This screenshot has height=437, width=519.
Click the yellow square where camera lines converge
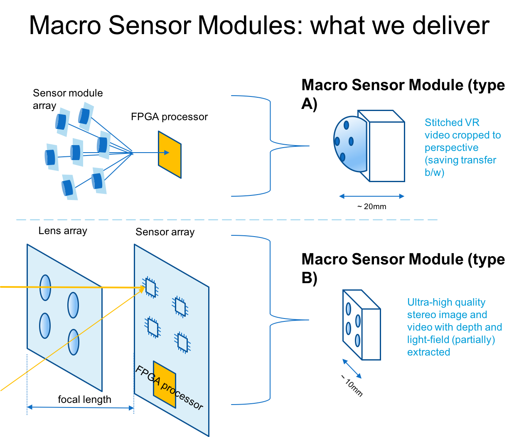tap(170, 154)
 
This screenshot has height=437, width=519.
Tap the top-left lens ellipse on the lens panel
tap(45, 287)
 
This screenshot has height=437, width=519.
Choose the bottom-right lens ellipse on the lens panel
tap(74, 342)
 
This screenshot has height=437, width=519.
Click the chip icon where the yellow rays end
tap(150, 287)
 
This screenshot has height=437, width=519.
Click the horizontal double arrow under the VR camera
tap(372, 196)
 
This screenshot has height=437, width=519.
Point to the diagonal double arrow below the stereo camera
tap(352, 369)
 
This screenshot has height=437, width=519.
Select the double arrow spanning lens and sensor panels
tap(81, 408)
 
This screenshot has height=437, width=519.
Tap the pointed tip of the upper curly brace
tap(308, 146)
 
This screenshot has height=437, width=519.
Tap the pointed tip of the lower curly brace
tap(308, 320)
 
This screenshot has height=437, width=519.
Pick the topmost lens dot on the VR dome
tap(346, 125)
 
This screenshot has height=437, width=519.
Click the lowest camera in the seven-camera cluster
tap(69, 187)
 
